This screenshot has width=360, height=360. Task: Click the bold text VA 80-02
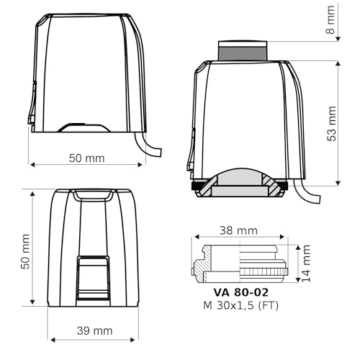(240, 293)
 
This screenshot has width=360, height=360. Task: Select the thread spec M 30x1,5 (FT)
(240, 307)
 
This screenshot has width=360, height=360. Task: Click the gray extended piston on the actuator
(243, 50)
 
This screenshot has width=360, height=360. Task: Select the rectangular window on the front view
(94, 277)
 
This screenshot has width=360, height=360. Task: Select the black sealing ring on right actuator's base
(197, 186)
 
